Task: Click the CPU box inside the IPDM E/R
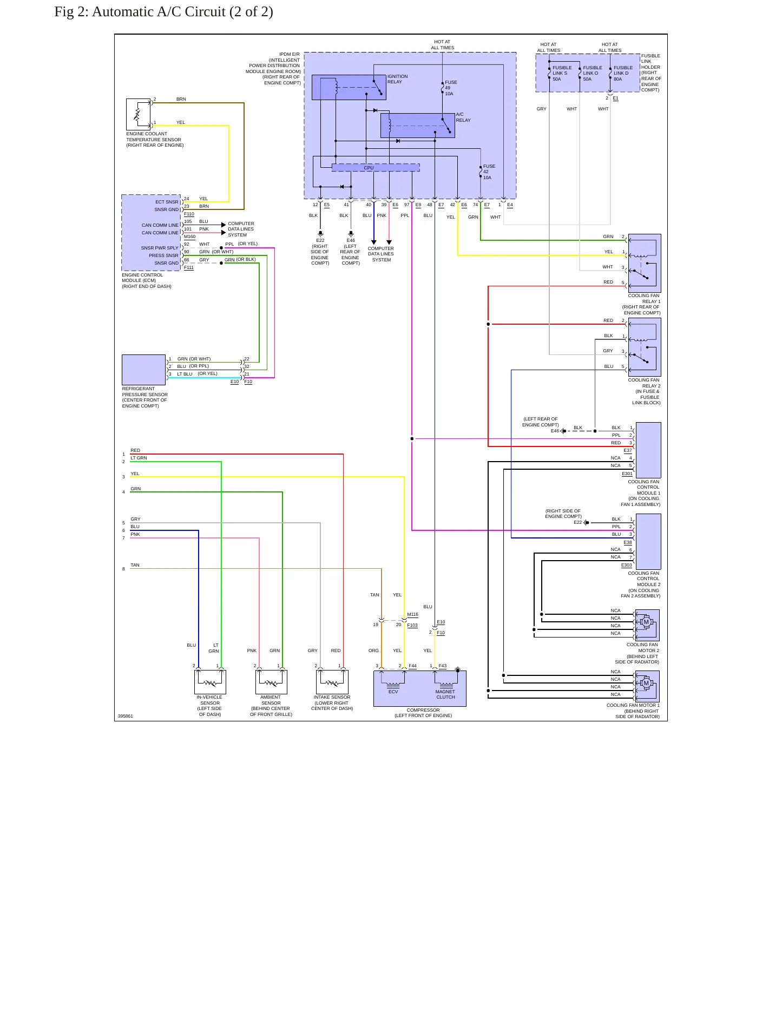point(376,168)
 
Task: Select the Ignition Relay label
point(398,79)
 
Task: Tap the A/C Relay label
point(463,117)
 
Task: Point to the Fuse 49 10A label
point(451,88)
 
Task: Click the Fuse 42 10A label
point(489,172)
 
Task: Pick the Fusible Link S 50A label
point(562,74)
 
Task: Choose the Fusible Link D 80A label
point(623,74)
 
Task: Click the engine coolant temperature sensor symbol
point(139,114)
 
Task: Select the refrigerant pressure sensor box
point(143,370)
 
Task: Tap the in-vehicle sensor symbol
point(210,682)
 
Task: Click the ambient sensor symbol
point(271,682)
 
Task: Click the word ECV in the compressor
point(393,692)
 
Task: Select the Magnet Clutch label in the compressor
point(445,694)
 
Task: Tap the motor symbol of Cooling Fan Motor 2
point(646,622)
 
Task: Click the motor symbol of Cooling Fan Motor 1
point(646,683)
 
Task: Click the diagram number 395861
point(125,716)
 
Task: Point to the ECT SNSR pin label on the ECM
point(167,202)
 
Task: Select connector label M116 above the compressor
point(412,614)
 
